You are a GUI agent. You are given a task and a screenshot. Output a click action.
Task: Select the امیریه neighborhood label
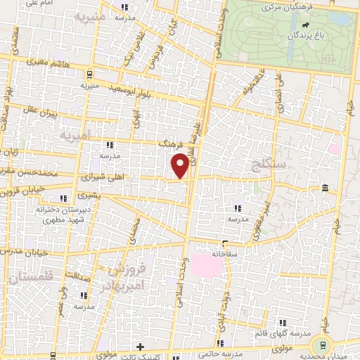click(75, 133)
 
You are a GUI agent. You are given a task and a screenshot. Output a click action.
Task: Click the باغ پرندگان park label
click(309, 34)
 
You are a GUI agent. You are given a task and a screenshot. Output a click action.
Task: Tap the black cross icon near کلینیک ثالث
click(140, 347)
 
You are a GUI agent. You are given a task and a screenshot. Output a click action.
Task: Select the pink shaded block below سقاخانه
click(210, 265)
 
